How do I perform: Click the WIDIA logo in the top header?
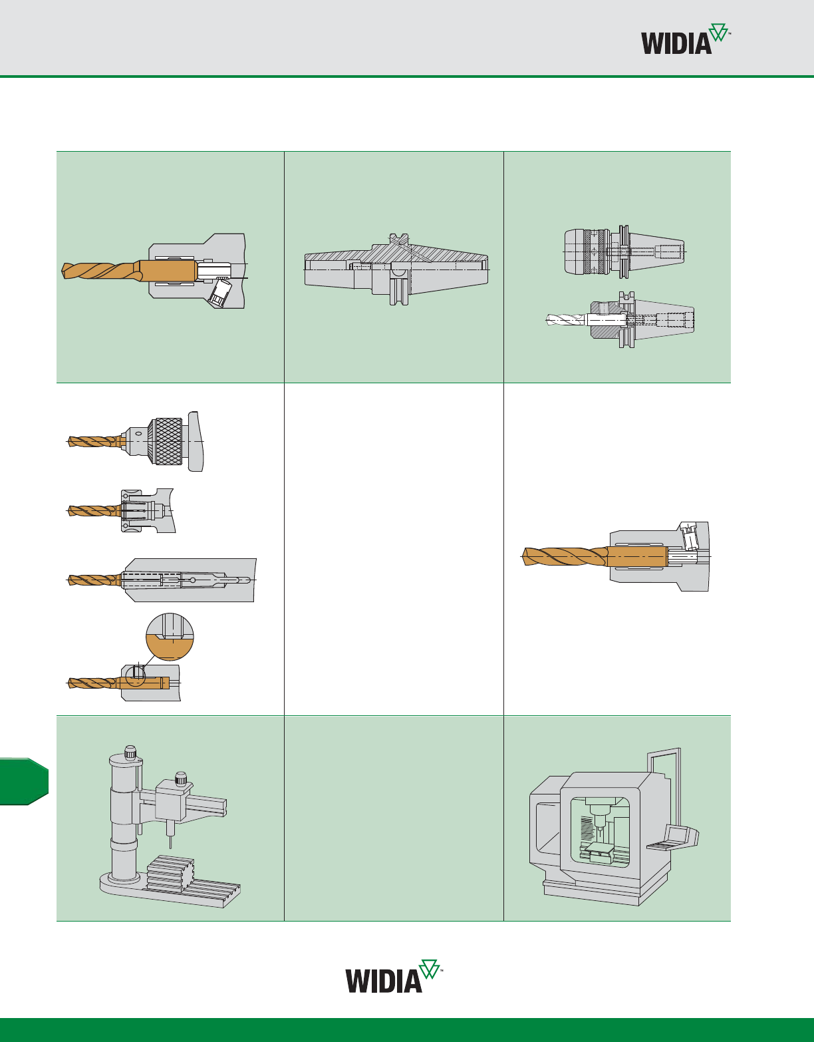[685, 41]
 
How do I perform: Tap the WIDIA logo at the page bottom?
[392, 977]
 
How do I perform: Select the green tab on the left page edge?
[24, 781]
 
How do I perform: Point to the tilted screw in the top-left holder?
[219, 292]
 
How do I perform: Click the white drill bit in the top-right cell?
[565, 319]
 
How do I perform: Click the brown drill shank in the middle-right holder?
[636, 556]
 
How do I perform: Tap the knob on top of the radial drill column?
[131, 753]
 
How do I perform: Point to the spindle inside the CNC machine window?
[601, 818]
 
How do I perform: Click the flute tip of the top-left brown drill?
[67, 271]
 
